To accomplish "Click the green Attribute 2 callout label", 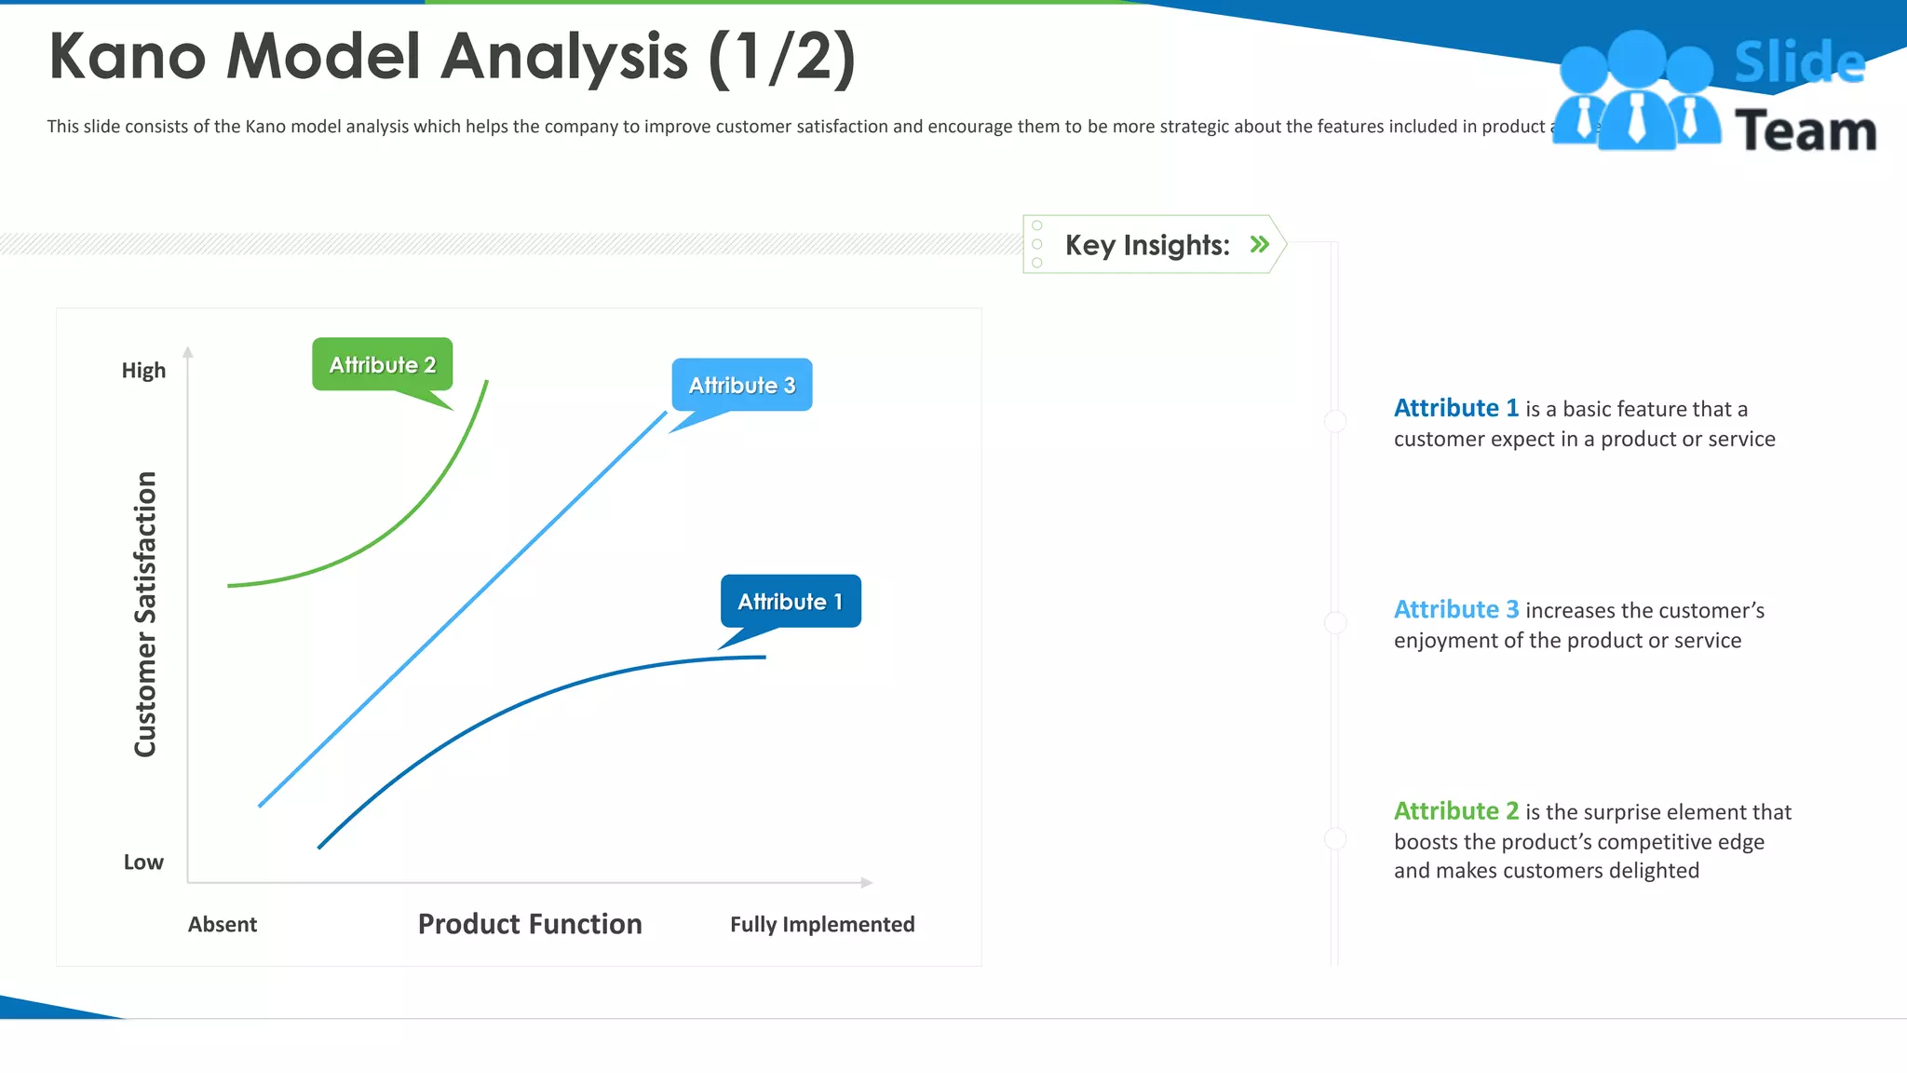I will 382,364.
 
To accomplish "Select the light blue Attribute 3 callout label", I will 742,385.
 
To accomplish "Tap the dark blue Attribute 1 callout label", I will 791,602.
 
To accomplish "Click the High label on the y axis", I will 143,371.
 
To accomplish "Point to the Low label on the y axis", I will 143,862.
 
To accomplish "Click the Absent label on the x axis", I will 222,924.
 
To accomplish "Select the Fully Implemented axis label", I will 822,924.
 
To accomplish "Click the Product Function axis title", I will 530,924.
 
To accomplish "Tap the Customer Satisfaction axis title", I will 145,615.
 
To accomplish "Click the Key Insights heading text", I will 1146,245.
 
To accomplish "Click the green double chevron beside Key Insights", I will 1260,244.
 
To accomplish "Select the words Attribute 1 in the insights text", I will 1455,408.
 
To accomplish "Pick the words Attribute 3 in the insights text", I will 1455,609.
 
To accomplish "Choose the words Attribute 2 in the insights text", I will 1455,810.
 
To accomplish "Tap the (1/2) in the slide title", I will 781,58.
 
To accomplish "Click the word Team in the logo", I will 1806,130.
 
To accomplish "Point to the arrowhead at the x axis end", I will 867,882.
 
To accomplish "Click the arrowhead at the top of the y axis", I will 188,352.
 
